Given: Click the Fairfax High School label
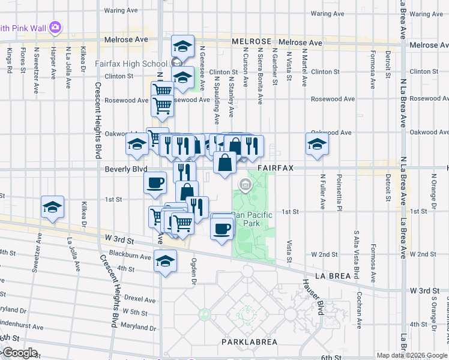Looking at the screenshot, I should pyautogui.click(x=131, y=64).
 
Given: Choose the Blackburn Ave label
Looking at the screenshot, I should pyautogui.click(x=134, y=256).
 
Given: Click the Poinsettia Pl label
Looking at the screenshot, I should pyautogui.click(x=339, y=192).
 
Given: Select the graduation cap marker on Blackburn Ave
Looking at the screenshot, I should pyautogui.click(x=165, y=261).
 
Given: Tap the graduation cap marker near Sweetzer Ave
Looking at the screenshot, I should pyautogui.click(x=53, y=207).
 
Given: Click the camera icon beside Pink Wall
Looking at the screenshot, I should pyautogui.click(x=56, y=27).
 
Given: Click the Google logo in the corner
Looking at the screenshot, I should pyautogui.click(x=19, y=353).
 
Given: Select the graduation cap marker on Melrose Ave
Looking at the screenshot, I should pyautogui.click(x=182, y=45).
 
